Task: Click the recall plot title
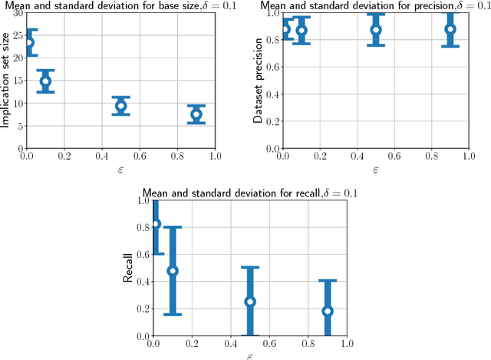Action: [x=249, y=193]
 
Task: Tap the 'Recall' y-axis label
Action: [x=128, y=269]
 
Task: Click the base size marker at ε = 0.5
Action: [x=120, y=106]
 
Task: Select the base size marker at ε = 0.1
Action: [x=45, y=81]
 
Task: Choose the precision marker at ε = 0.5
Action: [x=376, y=30]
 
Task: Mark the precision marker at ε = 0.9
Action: [x=450, y=29]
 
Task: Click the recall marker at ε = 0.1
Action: [x=173, y=271]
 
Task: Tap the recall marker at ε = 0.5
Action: [x=249, y=302]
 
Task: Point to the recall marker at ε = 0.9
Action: [x=328, y=311]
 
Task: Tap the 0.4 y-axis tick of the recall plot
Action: [x=142, y=282]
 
